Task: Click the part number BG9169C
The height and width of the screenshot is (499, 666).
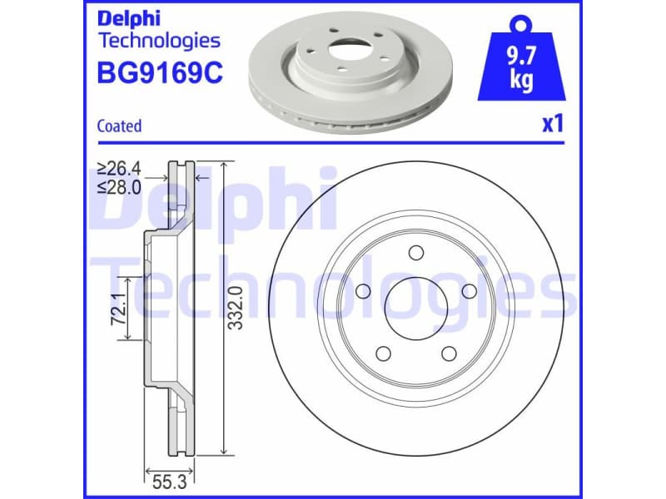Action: (160, 73)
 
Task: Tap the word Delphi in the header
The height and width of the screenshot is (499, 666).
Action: (129, 17)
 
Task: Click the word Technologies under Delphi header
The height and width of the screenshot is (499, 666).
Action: (159, 40)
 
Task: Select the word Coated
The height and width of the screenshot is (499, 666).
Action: (119, 126)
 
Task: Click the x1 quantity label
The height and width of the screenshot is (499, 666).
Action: (554, 125)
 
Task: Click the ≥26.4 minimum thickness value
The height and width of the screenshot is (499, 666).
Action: (119, 169)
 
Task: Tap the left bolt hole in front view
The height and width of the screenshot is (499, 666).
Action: (362, 293)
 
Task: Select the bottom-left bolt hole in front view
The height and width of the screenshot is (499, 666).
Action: (383, 353)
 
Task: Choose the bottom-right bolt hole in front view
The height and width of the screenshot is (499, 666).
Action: (449, 353)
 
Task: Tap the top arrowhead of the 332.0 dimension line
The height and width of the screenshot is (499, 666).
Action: (224, 164)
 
